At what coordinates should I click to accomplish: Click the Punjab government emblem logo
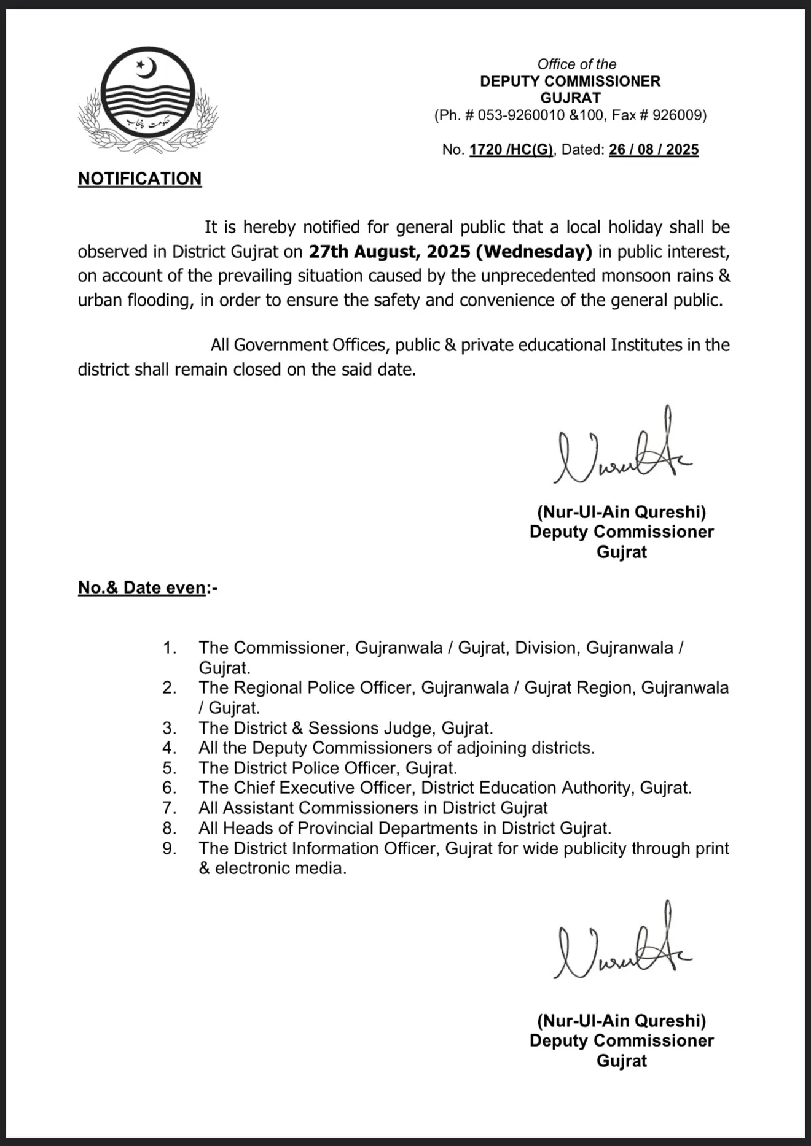point(147,100)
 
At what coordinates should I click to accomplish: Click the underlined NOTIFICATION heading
point(139,179)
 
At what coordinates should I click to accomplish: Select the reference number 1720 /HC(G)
point(511,150)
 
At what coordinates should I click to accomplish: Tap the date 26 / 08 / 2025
point(654,150)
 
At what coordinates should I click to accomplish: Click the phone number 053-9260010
point(521,115)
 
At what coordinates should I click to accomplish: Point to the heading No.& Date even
point(142,587)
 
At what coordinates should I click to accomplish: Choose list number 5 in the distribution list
point(170,768)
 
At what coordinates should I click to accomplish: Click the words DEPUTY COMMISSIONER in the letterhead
point(570,81)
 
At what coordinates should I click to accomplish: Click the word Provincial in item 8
point(335,828)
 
